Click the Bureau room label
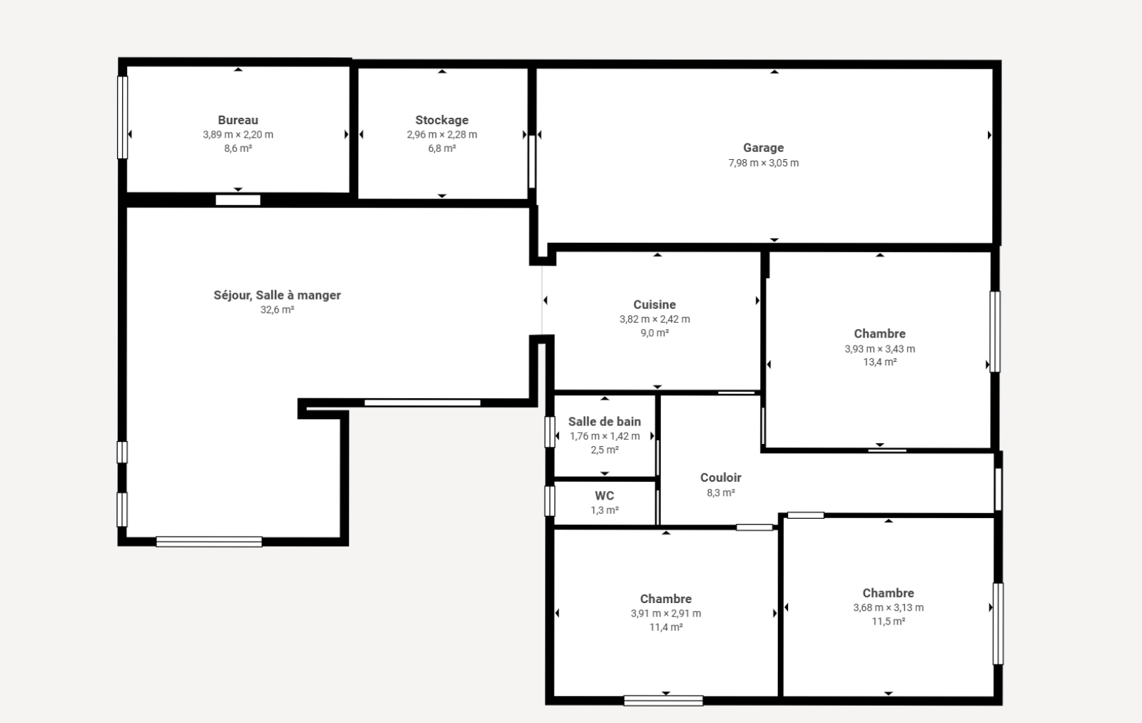pyautogui.click(x=238, y=121)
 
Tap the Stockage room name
pyautogui.click(x=442, y=121)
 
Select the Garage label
pyautogui.click(x=763, y=148)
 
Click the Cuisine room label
pyautogui.click(x=655, y=304)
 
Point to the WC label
pyautogui.click(x=605, y=495)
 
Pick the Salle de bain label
pyautogui.click(x=605, y=422)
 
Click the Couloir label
pyautogui.click(x=721, y=477)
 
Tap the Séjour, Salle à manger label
pyautogui.click(x=278, y=295)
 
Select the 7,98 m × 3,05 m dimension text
pyautogui.click(x=763, y=163)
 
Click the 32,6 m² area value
pyautogui.click(x=278, y=310)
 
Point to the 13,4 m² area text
pyautogui.click(x=880, y=362)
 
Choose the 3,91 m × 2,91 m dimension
pyautogui.click(x=666, y=613)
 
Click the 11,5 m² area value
pyautogui.click(x=889, y=622)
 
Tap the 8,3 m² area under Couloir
pyautogui.click(x=721, y=492)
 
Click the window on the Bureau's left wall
pyautogui.click(x=122, y=117)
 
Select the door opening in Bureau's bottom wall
pyautogui.click(x=238, y=200)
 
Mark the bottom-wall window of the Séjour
pyautogui.click(x=209, y=542)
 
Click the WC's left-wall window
pyautogui.click(x=550, y=501)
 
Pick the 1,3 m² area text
pyautogui.click(x=605, y=510)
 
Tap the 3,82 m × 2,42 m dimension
pyautogui.click(x=655, y=319)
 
